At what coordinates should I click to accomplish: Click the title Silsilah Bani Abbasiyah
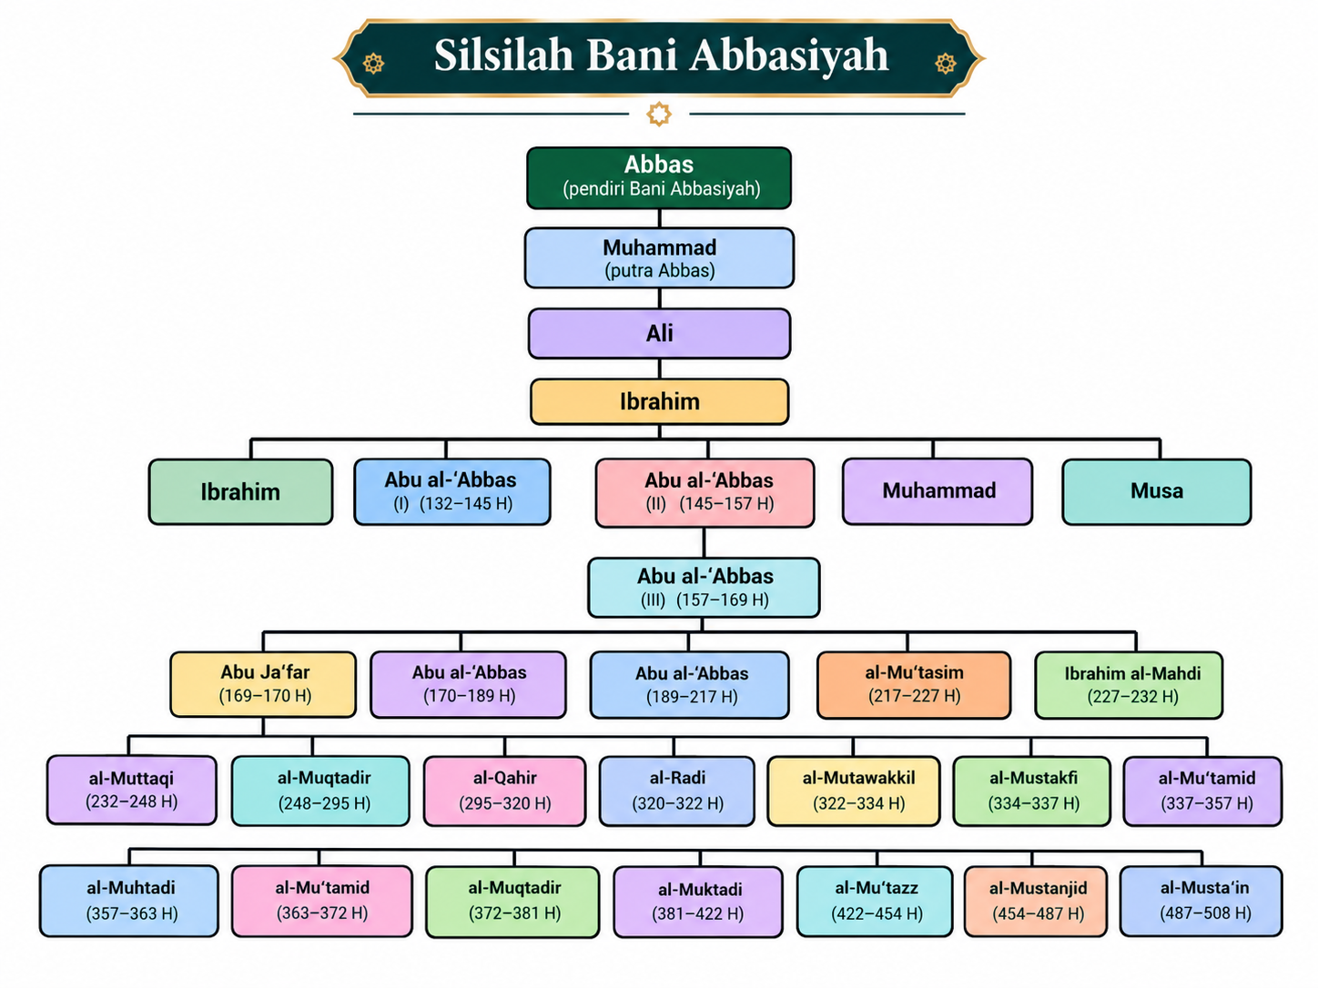[x=661, y=55]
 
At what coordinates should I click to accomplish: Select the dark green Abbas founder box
[x=659, y=177]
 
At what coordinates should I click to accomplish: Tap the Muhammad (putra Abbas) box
[x=659, y=258]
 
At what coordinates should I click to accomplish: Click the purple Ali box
[x=659, y=334]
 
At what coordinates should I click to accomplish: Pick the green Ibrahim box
[x=241, y=492]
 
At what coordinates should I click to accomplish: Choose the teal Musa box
[x=1157, y=491]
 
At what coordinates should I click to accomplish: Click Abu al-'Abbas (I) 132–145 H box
[x=452, y=492]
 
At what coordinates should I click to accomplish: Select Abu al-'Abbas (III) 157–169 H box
[x=704, y=588]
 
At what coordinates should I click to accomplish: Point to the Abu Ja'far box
[x=263, y=684]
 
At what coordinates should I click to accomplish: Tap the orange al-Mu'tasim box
[x=914, y=685]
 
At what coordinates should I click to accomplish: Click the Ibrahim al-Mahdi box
[x=1129, y=685]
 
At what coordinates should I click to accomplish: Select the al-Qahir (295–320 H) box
[x=504, y=791]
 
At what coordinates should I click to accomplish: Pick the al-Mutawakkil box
[x=853, y=791]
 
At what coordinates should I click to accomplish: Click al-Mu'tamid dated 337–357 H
[x=1202, y=791]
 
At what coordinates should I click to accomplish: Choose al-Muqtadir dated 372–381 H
[x=512, y=902]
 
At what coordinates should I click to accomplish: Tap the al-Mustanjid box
[x=1036, y=901]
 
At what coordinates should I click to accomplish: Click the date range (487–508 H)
[x=1205, y=913]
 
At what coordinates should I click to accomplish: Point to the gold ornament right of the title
[x=945, y=63]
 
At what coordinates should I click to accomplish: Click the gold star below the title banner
[x=659, y=114]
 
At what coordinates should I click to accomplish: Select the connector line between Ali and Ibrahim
[x=659, y=369]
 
